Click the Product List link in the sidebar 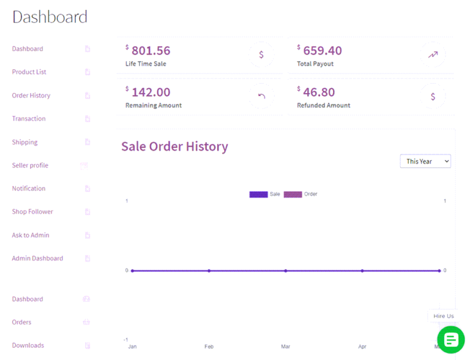click(29, 72)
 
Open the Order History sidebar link click(31, 96)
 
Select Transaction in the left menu click(29, 119)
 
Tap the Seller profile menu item click(30, 165)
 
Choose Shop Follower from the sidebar click(32, 212)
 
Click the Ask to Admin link click(31, 235)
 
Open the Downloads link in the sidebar click(28, 345)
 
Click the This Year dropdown click(425, 161)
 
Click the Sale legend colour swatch click(258, 194)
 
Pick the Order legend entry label click(311, 194)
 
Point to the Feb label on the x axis click(209, 347)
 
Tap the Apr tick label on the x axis click(362, 347)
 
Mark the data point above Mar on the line click(286, 271)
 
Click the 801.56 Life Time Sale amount click(151, 51)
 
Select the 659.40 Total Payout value click(323, 51)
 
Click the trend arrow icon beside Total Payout click(433, 54)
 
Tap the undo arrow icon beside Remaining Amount click(262, 96)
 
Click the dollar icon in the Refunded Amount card click(433, 96)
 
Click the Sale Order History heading click(174, 146)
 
